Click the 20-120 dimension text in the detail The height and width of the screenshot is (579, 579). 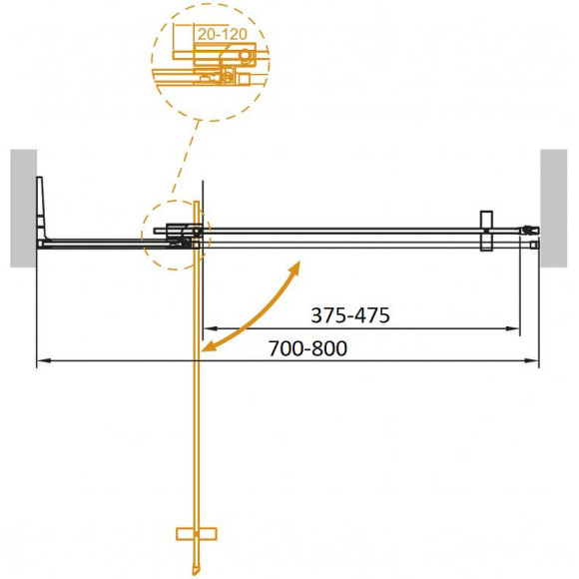point(222,34)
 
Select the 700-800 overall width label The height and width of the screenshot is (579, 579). point(308,348)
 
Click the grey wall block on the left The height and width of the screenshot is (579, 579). point(23,208)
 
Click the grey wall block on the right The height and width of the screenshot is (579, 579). point(554,208)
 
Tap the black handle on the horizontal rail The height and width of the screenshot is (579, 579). point(486,232)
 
